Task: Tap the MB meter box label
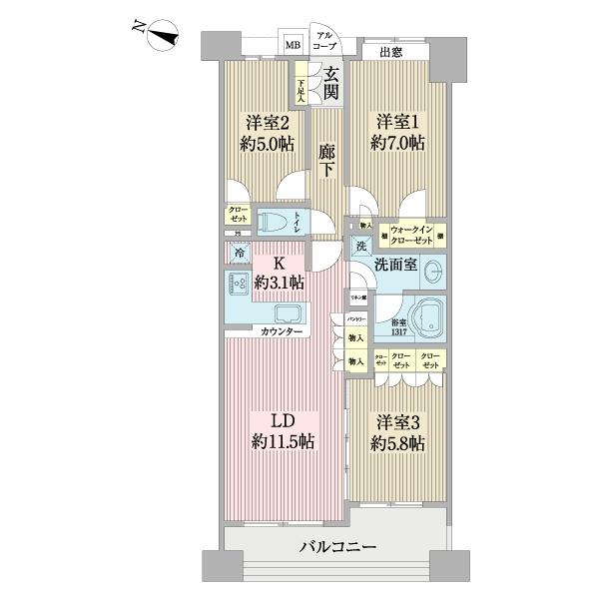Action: pyautogui.click(x=294, y=45)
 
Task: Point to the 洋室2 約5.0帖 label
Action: pyautogui.click(x=266, y=133)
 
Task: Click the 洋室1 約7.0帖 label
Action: pyautogui.click(x=398, y=133)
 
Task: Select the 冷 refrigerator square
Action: pyautogui.click(x=239, y=254)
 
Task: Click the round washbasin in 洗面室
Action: pyautogui.click(x=433, y=273)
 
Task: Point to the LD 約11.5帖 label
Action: pyautogui.click(x=284, y=428)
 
